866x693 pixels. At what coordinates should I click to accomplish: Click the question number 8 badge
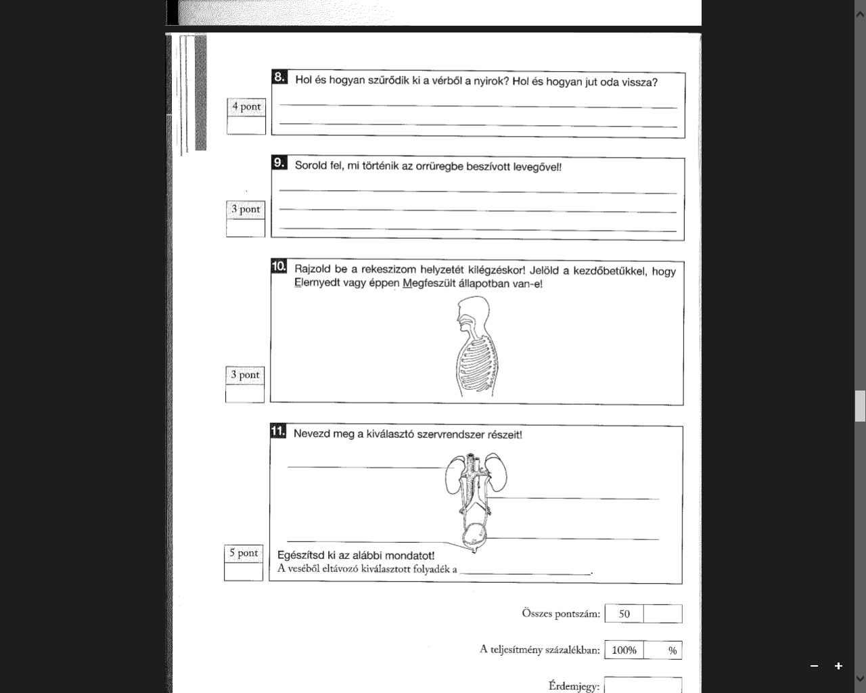point(279,78)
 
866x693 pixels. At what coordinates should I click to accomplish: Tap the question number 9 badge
point(279,163)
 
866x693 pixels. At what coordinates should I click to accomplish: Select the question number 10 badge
point(279,267)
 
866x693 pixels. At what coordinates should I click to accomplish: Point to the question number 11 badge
point(277,432)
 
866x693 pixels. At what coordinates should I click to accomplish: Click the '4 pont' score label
point(246,107)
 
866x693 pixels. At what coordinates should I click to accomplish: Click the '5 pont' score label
point(244,554)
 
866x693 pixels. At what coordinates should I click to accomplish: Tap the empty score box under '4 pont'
point(246,125)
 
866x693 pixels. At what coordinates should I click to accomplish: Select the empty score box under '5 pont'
point(244,571)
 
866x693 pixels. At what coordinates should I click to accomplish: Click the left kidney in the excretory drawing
point(453,475)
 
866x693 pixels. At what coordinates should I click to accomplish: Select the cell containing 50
point(624,614)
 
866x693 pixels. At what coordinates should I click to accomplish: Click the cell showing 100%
point(624,650)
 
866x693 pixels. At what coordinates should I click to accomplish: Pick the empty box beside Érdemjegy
point(643,685)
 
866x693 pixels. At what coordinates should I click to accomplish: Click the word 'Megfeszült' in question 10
point(429,284)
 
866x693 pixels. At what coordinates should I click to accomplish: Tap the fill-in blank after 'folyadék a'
point(525,570)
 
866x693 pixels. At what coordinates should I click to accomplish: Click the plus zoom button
point(838,666)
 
